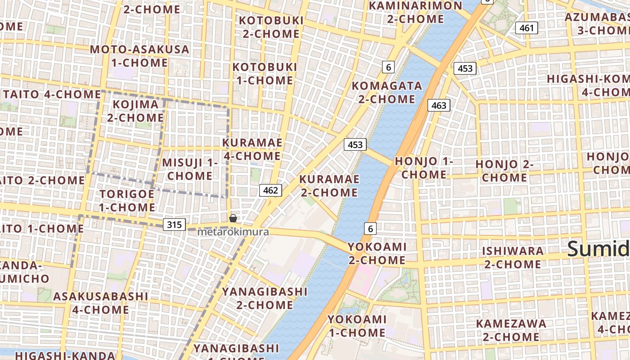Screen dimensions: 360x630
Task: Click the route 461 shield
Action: (x=526, y=28)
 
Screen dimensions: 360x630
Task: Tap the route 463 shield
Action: (x=438, y=105)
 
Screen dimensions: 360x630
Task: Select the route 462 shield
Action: (x=270, y=190)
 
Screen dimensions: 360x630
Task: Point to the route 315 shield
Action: (x=174, y=224)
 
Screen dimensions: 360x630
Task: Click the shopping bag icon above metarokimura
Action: (x=233, y=219)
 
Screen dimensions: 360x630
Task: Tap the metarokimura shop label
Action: (x=233, y=232)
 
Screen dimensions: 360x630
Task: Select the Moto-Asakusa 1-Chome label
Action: (x=139, y=56)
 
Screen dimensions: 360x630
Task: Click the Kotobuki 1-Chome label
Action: (x=264, y=74)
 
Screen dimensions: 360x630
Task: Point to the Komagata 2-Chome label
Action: (x=387, y=92)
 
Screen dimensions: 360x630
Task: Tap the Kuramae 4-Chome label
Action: (x=252, y=149)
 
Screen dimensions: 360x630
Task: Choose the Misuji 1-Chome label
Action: (x=189, y=169)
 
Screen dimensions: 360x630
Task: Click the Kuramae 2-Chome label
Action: (x=329, y=186)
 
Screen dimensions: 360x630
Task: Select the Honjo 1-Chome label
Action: (x=424, y=167)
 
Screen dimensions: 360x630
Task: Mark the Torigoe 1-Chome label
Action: (x=127, y=201)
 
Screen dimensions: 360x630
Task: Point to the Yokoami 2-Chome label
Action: (x=377, y=253)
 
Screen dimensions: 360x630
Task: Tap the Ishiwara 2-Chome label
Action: (x=513, y=257)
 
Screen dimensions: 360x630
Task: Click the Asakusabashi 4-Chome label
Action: (x=100, y=303)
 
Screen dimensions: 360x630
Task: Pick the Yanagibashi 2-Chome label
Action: (x=265, y=298)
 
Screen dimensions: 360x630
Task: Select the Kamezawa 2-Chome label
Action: (x=511, y=330)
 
